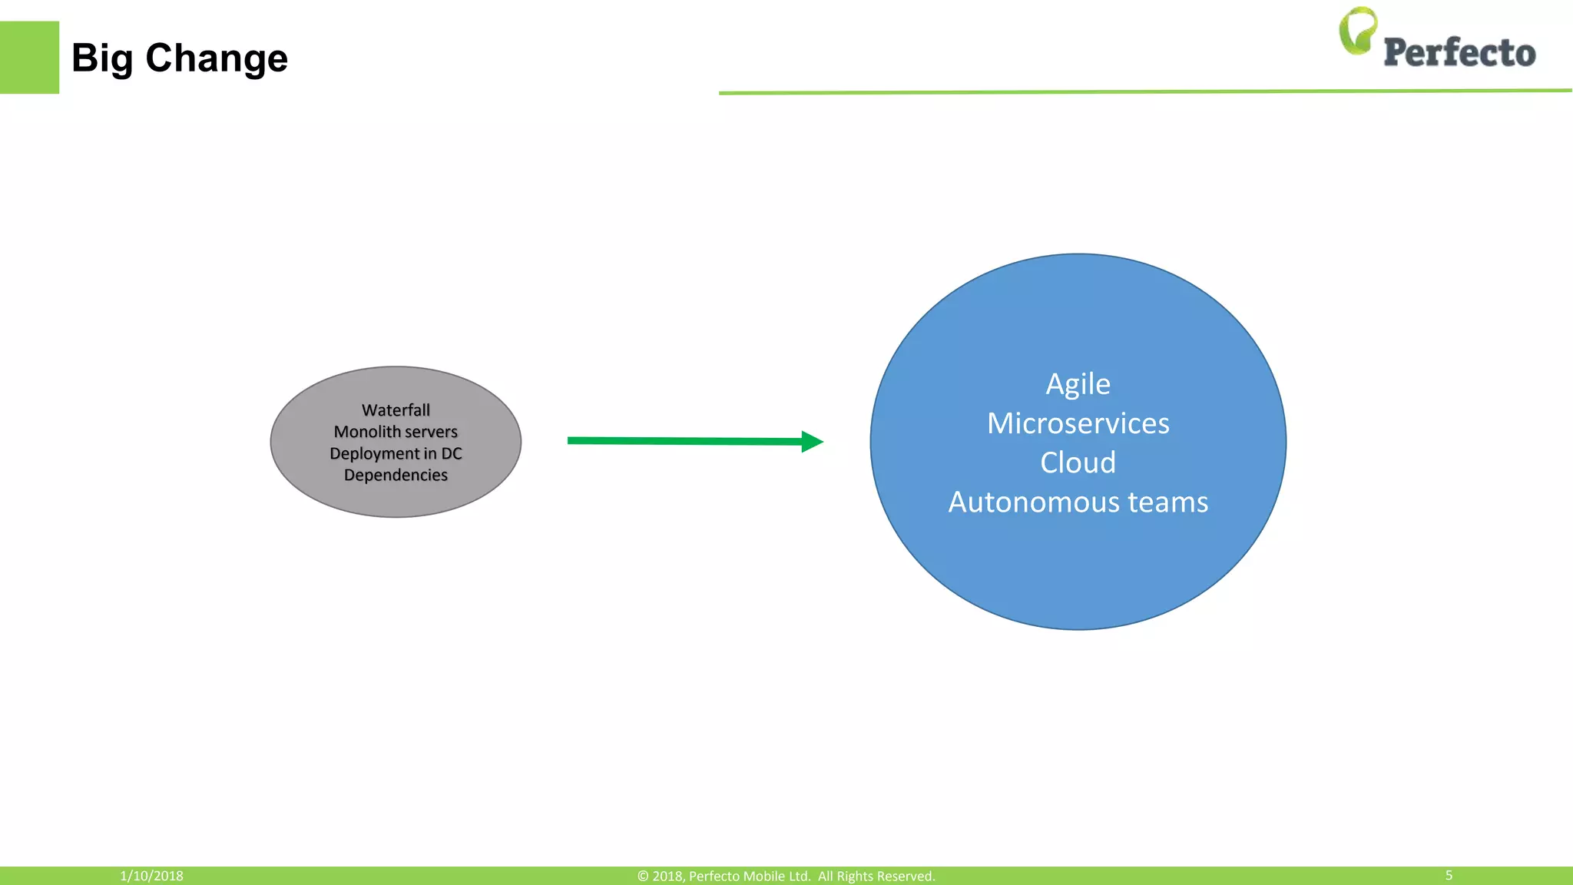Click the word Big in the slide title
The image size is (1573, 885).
(101, 58)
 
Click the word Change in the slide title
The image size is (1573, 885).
(217, 58)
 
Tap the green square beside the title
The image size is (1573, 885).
(29, 58)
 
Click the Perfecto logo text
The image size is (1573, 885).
(1459, 53)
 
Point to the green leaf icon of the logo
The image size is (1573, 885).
(1357, 31)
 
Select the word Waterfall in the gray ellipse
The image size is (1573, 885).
(396, 410)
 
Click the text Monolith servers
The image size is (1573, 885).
(396, 432)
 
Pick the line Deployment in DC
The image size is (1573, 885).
(396, 453)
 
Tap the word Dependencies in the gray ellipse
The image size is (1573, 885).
(396, 475)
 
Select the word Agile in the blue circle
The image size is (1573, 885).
(1078, 384)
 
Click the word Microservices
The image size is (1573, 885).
(1078, 423)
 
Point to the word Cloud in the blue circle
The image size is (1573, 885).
(1078, 462)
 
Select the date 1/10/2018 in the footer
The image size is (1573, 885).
(151, 876)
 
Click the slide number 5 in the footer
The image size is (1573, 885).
(1449, 875)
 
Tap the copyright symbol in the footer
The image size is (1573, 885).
(643, 876)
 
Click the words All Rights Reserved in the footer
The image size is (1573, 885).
(876, 876)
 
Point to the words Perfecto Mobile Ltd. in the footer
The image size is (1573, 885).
(749, 876)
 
